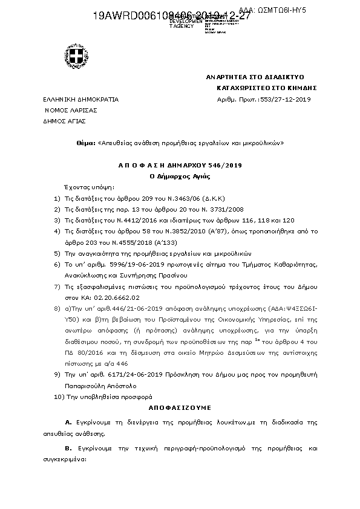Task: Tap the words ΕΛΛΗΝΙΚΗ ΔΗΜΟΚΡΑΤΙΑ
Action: click(80, 99)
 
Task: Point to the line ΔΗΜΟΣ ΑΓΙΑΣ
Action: click(64, 121)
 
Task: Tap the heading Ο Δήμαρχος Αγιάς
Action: click(179, 176)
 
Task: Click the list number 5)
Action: click(57, 253)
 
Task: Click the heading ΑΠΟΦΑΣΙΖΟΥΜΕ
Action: click(180, 408)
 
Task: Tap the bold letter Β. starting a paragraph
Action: click(68, 449)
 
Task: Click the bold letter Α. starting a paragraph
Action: click(68, 421)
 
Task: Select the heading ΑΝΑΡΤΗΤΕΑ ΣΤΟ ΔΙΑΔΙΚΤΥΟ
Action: click(254, 78)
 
